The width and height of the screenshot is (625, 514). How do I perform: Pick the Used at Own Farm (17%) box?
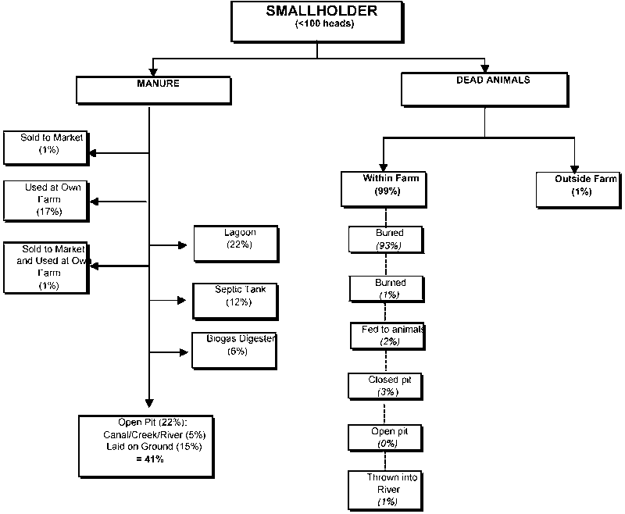click(45, 200)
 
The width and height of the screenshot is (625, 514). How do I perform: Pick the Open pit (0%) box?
click(385, 437)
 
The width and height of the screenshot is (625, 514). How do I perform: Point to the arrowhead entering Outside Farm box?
click(575, 170)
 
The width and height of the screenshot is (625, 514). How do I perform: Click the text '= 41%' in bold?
click(148, 460)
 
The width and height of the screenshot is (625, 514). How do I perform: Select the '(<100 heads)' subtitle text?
click(321, 24)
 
